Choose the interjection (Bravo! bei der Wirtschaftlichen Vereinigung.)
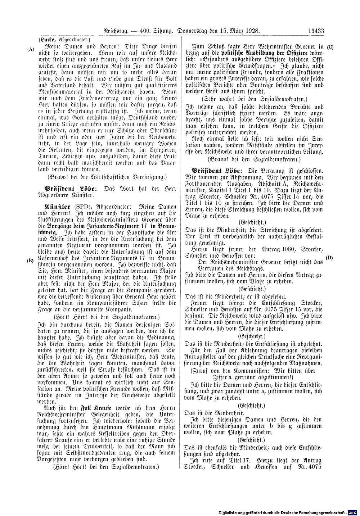(108, 177)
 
